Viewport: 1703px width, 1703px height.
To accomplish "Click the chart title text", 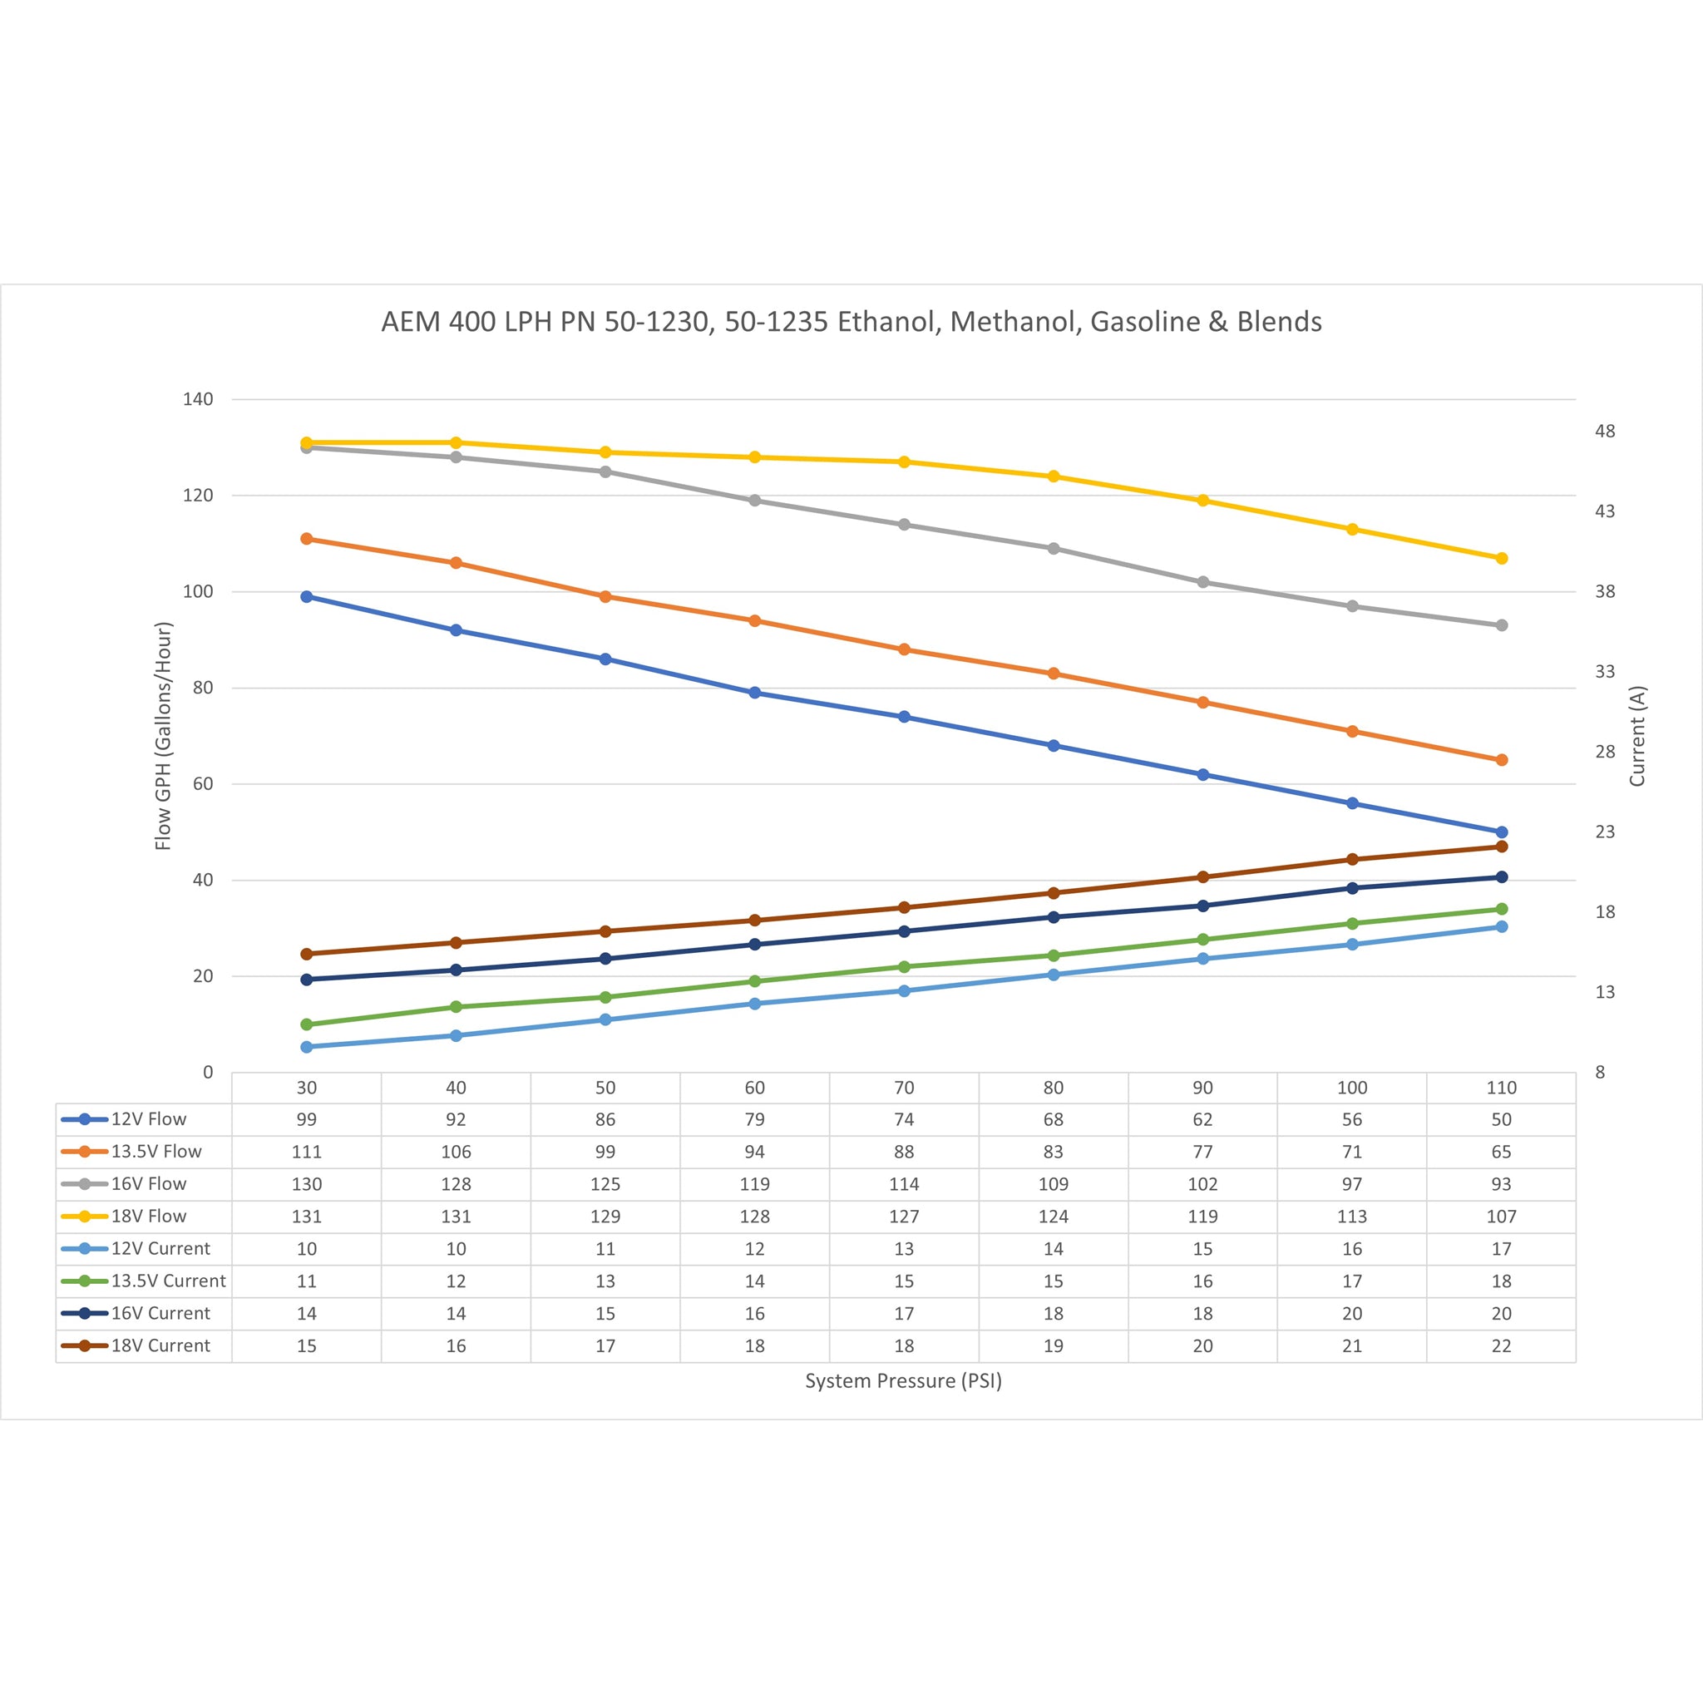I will (x=851, y=322).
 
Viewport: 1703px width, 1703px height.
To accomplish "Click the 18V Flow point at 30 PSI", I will (x=307, y=442).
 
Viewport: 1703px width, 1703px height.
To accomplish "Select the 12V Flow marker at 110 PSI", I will (x=1501, y=832).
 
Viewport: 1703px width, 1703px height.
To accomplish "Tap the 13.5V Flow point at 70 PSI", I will (x=904, y=649).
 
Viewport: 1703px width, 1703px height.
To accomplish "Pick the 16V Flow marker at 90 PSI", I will (x=1202, y=582).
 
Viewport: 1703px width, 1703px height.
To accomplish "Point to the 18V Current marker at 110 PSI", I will (x=1501, y=847).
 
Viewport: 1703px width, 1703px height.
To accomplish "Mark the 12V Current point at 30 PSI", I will (x=307, y=1046).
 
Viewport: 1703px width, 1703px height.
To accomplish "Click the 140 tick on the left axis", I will (x=199, y=399).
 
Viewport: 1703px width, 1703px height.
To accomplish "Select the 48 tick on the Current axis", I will (x=1604, y=431).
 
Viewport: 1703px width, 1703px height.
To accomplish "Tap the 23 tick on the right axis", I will (x=1604, y=832).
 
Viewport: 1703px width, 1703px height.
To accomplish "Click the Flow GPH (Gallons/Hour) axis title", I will (x=163, y=736).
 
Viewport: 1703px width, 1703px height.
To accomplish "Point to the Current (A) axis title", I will (x=1636, y=736).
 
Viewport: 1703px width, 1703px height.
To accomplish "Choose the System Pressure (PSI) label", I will (x=904, y=1381).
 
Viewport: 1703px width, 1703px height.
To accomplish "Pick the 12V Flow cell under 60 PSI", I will (x=754, y=1119).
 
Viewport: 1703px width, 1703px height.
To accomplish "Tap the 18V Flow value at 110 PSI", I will (x=1501, y=1217).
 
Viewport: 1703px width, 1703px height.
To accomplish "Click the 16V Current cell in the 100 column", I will (x=1351, y=1313).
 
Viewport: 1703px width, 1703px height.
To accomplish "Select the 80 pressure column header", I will (x=1054, y=1088).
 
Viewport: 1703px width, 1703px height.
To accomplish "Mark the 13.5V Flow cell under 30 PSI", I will (x=307, y=1152).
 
